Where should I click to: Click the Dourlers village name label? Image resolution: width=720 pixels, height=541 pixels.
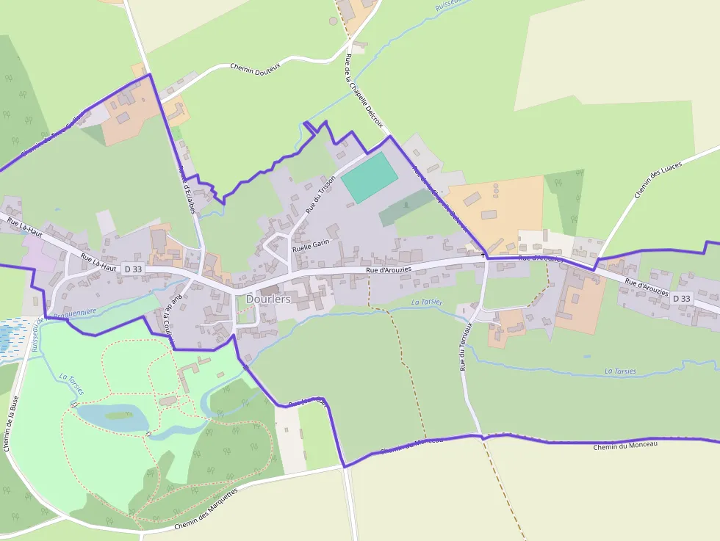pyautogui.click(x=268, y=299)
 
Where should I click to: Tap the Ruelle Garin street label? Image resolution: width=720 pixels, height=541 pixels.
pyautogui.click(x=312, y=245)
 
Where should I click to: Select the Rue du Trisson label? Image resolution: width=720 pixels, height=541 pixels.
pyautogui.click(x=320, y=194)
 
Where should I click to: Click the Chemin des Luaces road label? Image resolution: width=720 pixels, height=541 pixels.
pyautogui.click(x=657, y=180)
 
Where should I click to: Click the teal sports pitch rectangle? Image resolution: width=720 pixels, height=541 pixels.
pyautogui.click(x=370, y=177)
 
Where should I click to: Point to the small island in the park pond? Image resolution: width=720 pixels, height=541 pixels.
pyautogui.click(x=118, y=415)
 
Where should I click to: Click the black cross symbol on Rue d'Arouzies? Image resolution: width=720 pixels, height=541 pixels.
pyautogui.click(x=483, y=255)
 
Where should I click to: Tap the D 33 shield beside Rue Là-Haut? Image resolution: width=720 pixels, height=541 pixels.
pyautogui.click(x=133, y=269)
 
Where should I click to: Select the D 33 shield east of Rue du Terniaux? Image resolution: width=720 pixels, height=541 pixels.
pyautogui.click(x=681, y=298)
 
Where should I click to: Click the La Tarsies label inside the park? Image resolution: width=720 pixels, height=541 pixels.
pyautogui.click(x=71, y=384)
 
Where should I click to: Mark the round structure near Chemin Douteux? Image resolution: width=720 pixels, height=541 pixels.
pyautogui.click(x=333, y=21)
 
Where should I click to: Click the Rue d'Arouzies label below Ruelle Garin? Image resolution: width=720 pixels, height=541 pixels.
pyautogui.click(x=389, y=271)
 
